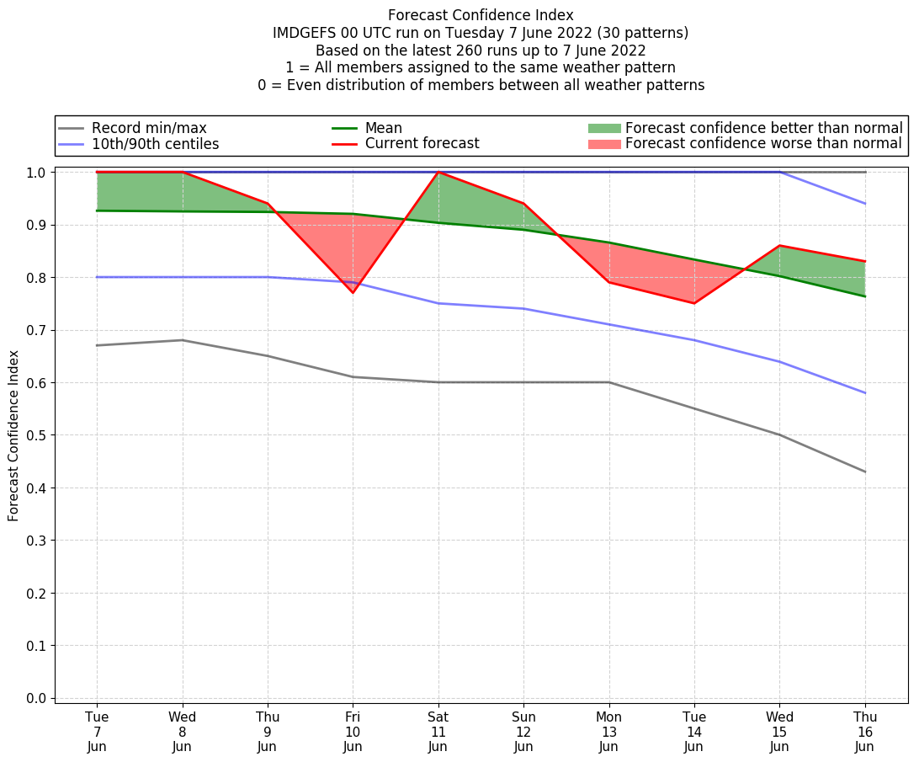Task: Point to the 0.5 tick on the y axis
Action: pos(36,435)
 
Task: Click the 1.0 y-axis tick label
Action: pos(36,172)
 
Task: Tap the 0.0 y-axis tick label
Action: pos(36,698)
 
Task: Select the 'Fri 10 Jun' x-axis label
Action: pos(353,732)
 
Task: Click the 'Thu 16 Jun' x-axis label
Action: pos(865,732)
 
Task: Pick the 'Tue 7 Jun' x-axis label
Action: pos(97,732)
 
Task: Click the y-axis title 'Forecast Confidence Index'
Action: pos(13,435)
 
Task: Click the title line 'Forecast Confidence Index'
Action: pos(481,15)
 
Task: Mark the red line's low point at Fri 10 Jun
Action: pos(353,292)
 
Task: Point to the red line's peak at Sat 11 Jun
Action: pos(438,172)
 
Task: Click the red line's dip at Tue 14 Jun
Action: pos(694,303)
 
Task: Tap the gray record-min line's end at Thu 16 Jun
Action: pos(865,472)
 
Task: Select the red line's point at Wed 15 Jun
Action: pos(780,246)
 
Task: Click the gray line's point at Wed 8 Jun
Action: pos(183,340)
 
